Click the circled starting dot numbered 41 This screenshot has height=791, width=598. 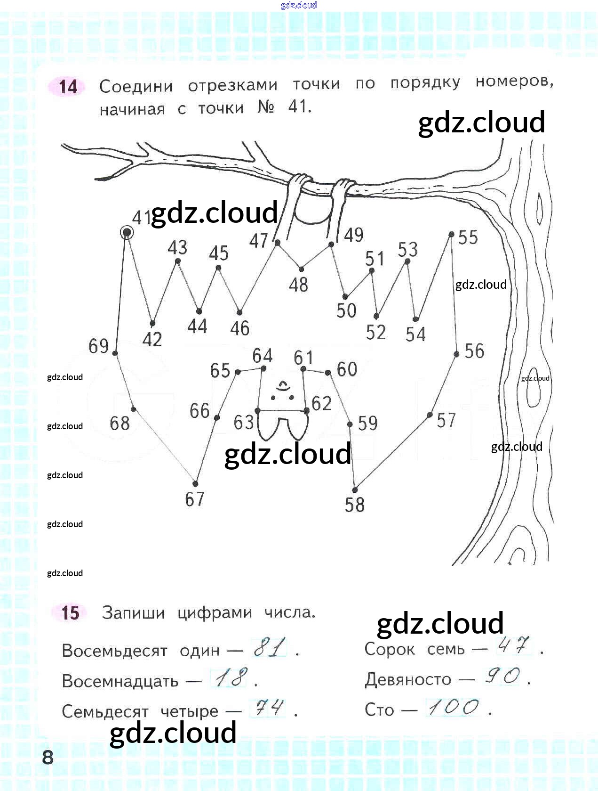tap(127, 233)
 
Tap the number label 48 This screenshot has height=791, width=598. tap(298, 285)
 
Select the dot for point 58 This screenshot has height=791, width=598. tap(355, 490)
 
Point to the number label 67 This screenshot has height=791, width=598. tap(195, 499)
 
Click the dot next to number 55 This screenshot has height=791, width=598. tap(451, 234)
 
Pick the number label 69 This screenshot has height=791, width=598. tap(99, 346)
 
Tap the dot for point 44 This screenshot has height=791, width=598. tap(199, 311)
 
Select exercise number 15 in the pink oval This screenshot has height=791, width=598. tap(70, 612)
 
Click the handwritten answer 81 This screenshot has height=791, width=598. tap(270, 647)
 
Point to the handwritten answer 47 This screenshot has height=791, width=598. tap(514, 645)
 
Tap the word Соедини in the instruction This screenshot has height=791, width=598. tap(136, 87)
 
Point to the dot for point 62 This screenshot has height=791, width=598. tap(307, 411)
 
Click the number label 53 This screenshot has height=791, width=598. tap(407, 249)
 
